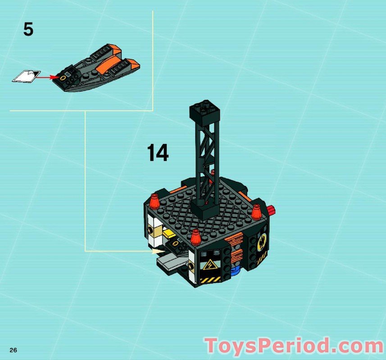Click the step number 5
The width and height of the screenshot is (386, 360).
click(28, 30)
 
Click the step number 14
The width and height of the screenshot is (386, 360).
click(158, 153)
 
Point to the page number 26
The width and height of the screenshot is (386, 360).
click(13, 350)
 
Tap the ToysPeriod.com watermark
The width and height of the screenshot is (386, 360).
click(294, 346)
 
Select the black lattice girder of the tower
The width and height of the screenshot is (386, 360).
click(206, 157)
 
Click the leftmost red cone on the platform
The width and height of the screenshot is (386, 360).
click(155, 202)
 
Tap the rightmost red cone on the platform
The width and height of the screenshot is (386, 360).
click(257, 211)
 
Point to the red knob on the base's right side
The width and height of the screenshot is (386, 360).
click(271, 209)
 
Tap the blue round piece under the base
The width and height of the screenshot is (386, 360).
click(235, 270)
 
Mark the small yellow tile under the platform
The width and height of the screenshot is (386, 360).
click(168, 233)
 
